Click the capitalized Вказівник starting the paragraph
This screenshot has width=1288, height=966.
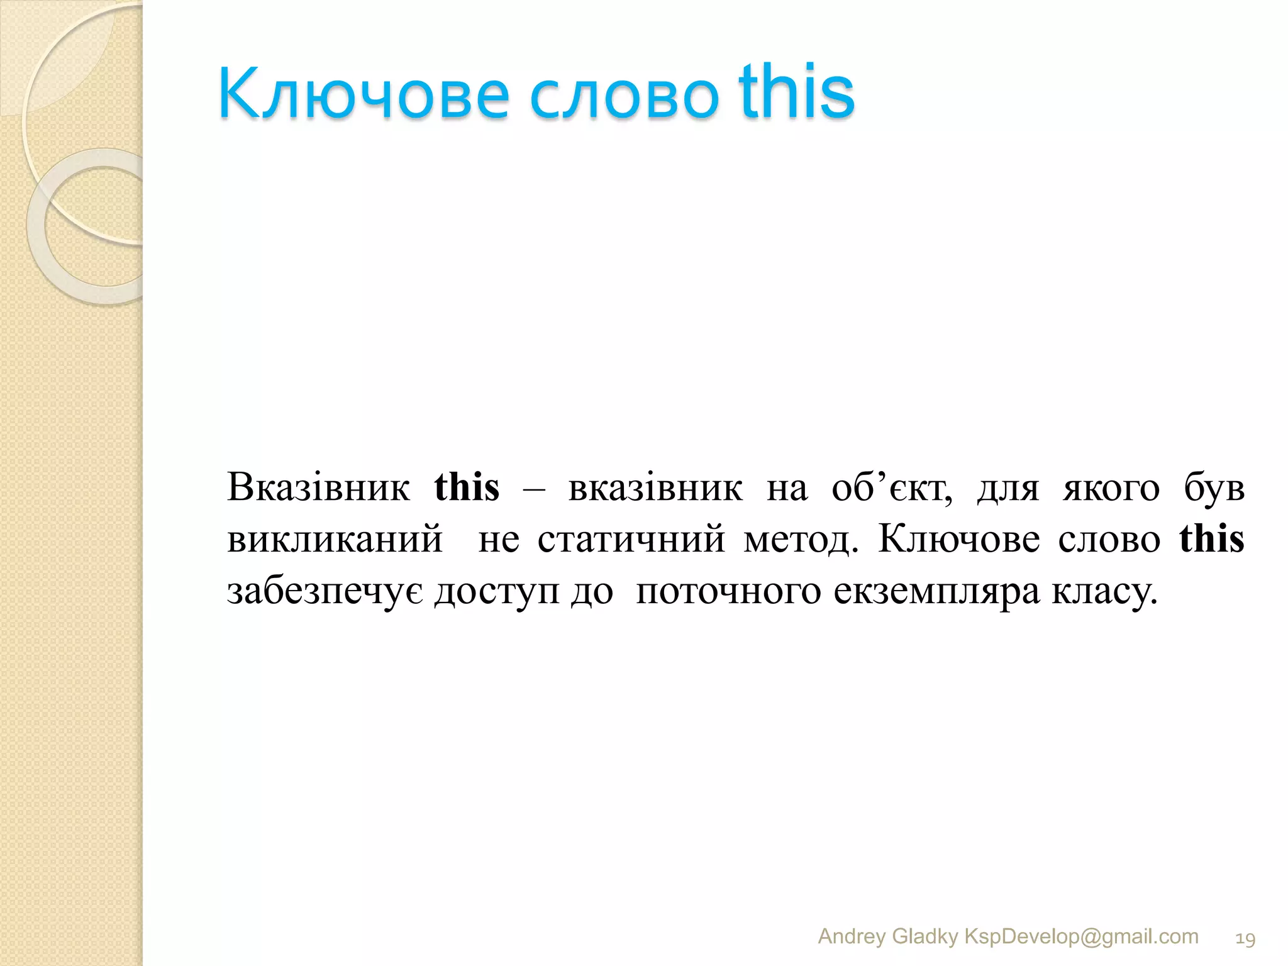pos(318,487)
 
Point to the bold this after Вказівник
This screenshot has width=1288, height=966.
pos(467,487)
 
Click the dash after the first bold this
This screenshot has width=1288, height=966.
pos(534,489)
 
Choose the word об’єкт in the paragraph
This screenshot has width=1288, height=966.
pos(891,489)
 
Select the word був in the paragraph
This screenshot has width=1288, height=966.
pos(1214,487)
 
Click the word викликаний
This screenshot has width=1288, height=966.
pos(335,540)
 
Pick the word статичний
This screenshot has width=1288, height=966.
pos(631,540)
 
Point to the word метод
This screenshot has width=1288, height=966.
pos(800,540)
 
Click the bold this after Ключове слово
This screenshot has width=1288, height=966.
pos(1211,539)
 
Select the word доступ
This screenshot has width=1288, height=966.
pos(496,592)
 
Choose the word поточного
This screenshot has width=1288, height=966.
pos(728,592)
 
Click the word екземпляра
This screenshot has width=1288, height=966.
pos(936,592)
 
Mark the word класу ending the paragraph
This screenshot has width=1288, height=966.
pos(1104,592)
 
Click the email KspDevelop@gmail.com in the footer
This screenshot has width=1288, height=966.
pos(1081,936)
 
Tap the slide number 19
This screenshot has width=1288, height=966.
pos(1245,939)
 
